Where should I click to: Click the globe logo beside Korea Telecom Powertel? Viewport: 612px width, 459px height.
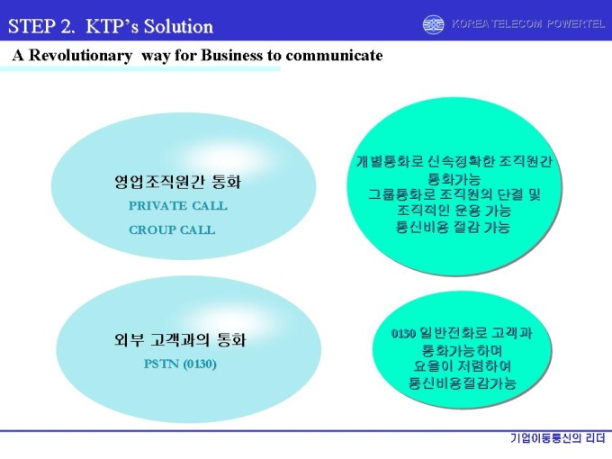click(433, 24)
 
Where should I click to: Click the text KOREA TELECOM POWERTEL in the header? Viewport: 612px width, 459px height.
click(528, 24)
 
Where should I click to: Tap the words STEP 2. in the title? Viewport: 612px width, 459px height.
click(41, 26)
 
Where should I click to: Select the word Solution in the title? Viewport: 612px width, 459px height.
click(178, 26)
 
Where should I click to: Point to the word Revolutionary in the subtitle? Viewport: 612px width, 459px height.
click(80, 56)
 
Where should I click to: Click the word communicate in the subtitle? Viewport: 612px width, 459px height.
click(334, 56)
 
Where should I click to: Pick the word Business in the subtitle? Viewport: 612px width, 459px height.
click(231, 56)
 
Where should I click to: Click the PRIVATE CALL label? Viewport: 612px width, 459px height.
click(178, 206)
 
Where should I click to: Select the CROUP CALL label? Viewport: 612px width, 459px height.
click(172, 229)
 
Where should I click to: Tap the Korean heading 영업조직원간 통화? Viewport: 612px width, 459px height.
click(177, 182)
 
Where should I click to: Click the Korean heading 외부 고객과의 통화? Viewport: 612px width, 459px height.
click(180, 339)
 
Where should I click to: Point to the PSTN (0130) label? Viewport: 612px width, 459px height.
click(180, 364)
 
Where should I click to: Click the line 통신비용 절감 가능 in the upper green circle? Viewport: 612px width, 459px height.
click(453, 227)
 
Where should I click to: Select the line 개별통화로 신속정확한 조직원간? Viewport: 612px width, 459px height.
click(454, 161)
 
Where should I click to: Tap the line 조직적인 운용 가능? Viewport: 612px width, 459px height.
click(454, 211)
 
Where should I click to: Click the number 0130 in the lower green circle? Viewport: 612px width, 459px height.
click(403, 334)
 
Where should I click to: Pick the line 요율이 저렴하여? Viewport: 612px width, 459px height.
click(462, 366)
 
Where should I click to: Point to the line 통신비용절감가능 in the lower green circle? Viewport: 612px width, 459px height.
click(463, 382)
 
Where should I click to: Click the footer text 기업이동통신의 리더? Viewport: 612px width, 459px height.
click(558, 438)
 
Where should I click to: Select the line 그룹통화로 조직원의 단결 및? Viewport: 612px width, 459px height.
click(454, 194)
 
